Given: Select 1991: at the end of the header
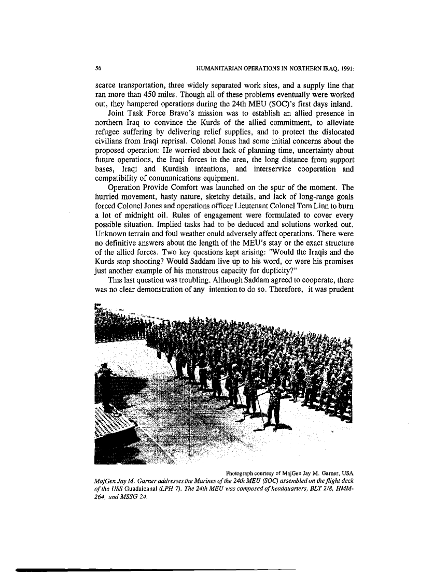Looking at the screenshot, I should tap(345, 67).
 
